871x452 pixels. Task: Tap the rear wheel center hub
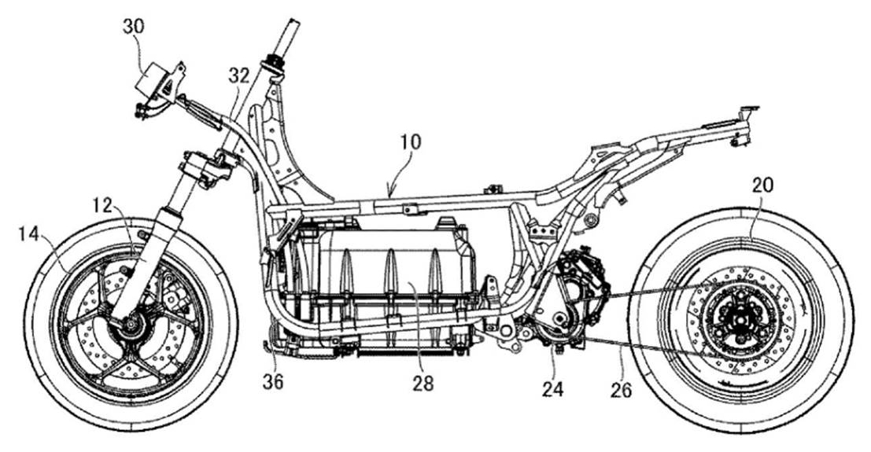click(740, 322)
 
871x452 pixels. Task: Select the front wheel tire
click(39, 330)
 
